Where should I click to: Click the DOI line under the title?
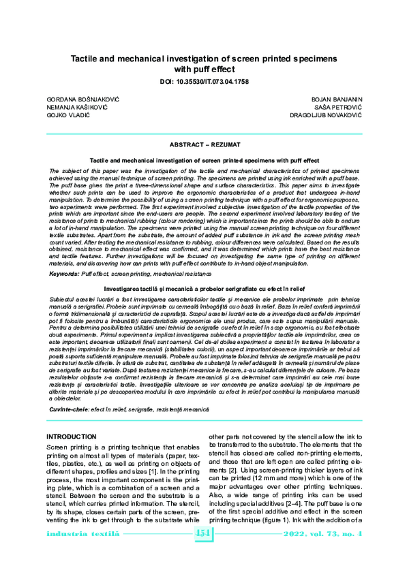(x=204, y=80)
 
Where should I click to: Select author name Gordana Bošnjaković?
(x=81, y=99)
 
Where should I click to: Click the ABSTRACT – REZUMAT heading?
(x=204, y=146)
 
